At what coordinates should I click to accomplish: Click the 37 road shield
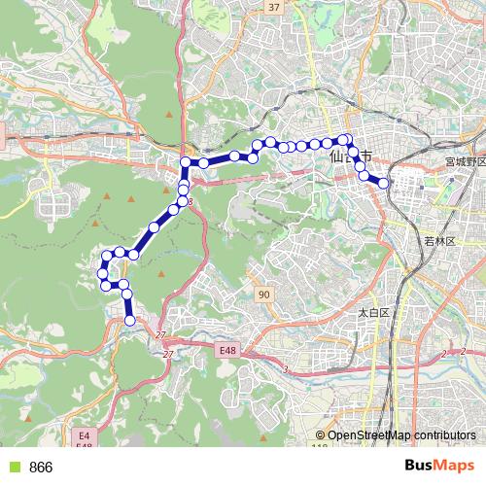point(273,7)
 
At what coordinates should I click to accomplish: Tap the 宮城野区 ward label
point(464,161)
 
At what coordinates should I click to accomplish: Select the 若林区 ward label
point(439,240)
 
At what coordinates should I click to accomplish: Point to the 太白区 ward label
point(372,313)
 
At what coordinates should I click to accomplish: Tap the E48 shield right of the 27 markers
point(227,349)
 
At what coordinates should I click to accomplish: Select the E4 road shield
point(84,435)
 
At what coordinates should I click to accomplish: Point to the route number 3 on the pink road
point(285,370)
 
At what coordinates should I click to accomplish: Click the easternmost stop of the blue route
point(384,183)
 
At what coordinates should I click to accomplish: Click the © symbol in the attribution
point(321,435)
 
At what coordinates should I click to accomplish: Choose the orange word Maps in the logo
point(456,467)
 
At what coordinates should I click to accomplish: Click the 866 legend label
point(41,468)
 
